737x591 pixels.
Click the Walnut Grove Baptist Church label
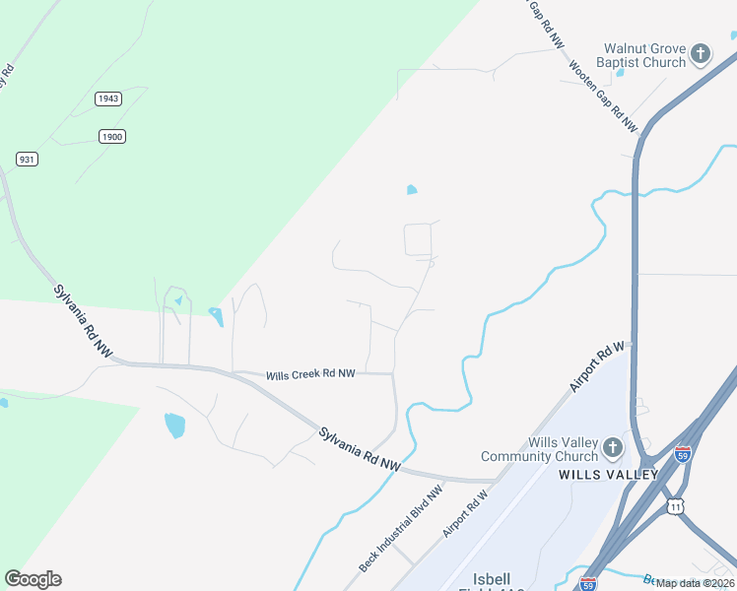644,55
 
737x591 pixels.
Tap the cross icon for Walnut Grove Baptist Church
701,53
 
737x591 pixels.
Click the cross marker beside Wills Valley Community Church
612,448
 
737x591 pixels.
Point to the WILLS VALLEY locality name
608,475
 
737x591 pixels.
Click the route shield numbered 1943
108,98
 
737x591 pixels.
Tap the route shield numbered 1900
112,136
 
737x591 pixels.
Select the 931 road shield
27,159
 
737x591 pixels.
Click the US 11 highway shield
675,504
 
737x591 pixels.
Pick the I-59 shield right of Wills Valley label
684,454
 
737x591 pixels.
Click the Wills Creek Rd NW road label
310,374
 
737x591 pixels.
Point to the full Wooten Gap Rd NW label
603,97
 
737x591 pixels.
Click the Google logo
33,579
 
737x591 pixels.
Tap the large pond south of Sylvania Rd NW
174,425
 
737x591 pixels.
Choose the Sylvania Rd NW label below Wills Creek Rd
360,449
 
